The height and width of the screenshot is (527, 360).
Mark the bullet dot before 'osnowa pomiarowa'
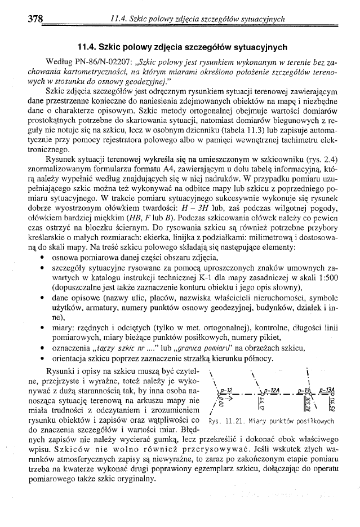pos(44,260)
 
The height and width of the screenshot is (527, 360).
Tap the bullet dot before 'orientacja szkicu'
pos(44,358)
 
